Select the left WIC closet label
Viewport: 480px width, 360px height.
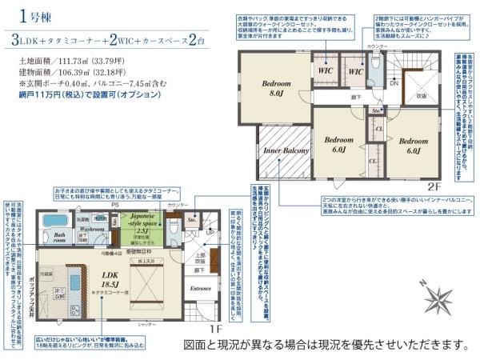tap(326, 70)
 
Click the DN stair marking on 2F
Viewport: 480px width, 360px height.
tap(394, 82)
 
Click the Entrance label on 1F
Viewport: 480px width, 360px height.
tap(199, 288)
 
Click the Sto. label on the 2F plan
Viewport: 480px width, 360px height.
tap(376, 111)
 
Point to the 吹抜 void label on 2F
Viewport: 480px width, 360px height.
tap(421, 96)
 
